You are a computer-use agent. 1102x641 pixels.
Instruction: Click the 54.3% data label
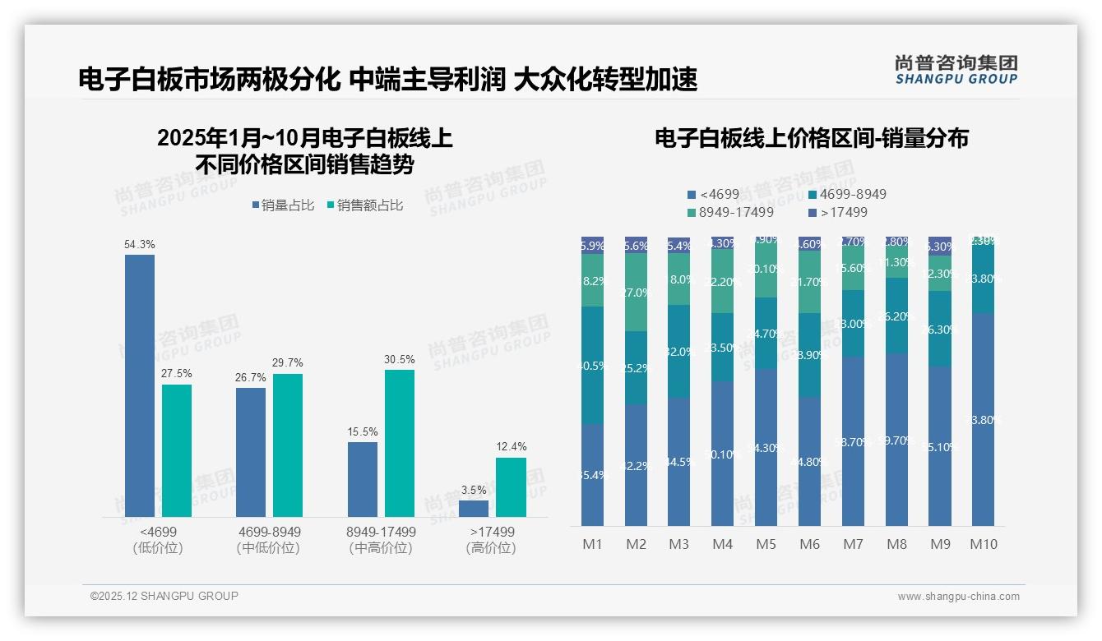(x=139, y=245)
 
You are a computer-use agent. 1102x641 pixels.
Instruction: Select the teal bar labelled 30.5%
(x=400, y=443)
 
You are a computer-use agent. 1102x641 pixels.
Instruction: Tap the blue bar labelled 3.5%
(x=474, y=508)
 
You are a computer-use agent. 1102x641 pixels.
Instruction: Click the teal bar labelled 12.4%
(x=511, y=487)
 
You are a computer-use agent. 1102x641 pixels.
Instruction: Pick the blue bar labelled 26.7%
(x=251, y=452)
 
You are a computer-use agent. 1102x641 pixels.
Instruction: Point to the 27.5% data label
(x=177, y=374)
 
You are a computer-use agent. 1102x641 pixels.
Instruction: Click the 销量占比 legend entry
(x=283, y=205)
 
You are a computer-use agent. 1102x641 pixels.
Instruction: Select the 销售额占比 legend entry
(x=364, y=205)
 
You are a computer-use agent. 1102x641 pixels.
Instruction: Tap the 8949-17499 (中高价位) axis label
(x=381, y=540)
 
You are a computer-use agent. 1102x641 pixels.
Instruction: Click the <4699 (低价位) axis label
(x=157, y=540)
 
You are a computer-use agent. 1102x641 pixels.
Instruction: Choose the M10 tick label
(x=984, y=544)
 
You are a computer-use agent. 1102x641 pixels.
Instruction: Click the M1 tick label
(x=592, y=544)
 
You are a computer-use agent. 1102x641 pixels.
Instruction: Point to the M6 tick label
(x=809, y=544)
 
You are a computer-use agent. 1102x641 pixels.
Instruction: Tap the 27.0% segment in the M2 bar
(x=636, y=293)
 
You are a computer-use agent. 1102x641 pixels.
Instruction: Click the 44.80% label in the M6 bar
(x=810, y=462)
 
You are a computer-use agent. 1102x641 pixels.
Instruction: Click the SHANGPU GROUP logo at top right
(x=956, y=69)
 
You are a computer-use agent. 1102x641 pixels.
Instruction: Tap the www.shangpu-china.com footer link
(x=958, y=597)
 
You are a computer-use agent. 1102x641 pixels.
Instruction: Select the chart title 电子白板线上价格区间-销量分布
(x=811, y=138)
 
